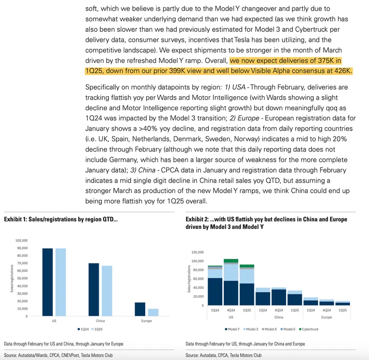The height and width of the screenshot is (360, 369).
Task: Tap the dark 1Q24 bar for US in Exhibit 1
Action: coord(47,282)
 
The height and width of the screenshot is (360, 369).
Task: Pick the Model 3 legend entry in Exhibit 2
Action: coord(250,329)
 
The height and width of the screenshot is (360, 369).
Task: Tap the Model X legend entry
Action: coord(269,329)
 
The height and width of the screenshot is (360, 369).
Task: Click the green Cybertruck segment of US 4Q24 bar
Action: coord(231,261)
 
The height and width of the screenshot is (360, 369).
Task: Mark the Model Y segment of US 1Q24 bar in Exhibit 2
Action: coord(215,292)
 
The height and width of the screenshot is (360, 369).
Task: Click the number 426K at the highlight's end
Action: coord(343,71)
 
